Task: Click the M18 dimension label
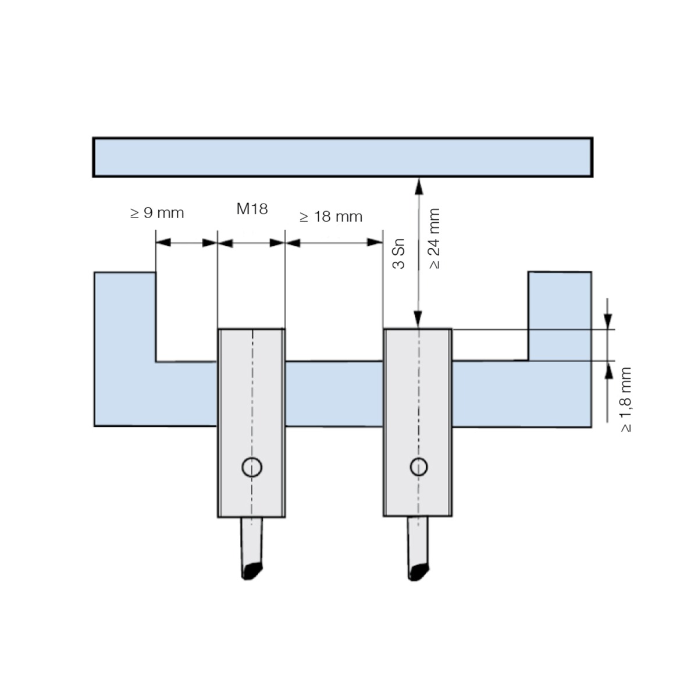(252, 209)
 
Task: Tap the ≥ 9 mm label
(157, 213)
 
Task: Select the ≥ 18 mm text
(331, 216)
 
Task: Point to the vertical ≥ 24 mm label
(434, 238)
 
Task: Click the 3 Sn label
(398, 254)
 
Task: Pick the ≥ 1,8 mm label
(626, 400)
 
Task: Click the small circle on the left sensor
(252, 467)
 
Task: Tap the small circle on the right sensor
(419, 466)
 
